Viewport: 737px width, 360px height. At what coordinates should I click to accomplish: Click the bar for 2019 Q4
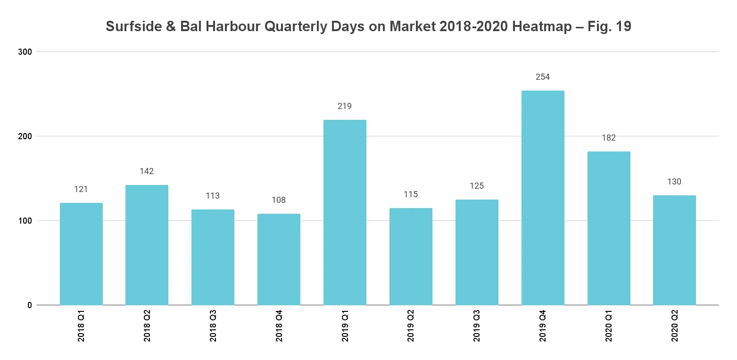(x=542, y=198)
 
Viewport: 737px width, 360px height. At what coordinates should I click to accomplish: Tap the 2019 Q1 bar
(x=345, y=212)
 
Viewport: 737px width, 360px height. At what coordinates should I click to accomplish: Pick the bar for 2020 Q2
(x=674, y=250)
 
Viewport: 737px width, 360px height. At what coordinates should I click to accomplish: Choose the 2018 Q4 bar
(x=279, y=260)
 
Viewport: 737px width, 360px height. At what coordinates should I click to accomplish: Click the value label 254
(x=543, y=77)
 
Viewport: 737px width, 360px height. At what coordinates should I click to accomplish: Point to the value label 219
(x=345, y=106)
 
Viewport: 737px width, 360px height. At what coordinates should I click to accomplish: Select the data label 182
(x=609, y=138)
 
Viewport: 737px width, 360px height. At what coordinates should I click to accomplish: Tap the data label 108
(x=279, y=200)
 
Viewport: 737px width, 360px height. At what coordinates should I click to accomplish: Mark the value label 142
(x=147, y=171)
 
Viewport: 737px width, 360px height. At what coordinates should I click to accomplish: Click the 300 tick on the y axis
(x=25, y=51)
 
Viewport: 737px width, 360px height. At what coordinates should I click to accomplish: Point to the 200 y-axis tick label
(x=25, y=136)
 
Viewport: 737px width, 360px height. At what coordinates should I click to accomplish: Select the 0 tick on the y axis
(x=29, y=305)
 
